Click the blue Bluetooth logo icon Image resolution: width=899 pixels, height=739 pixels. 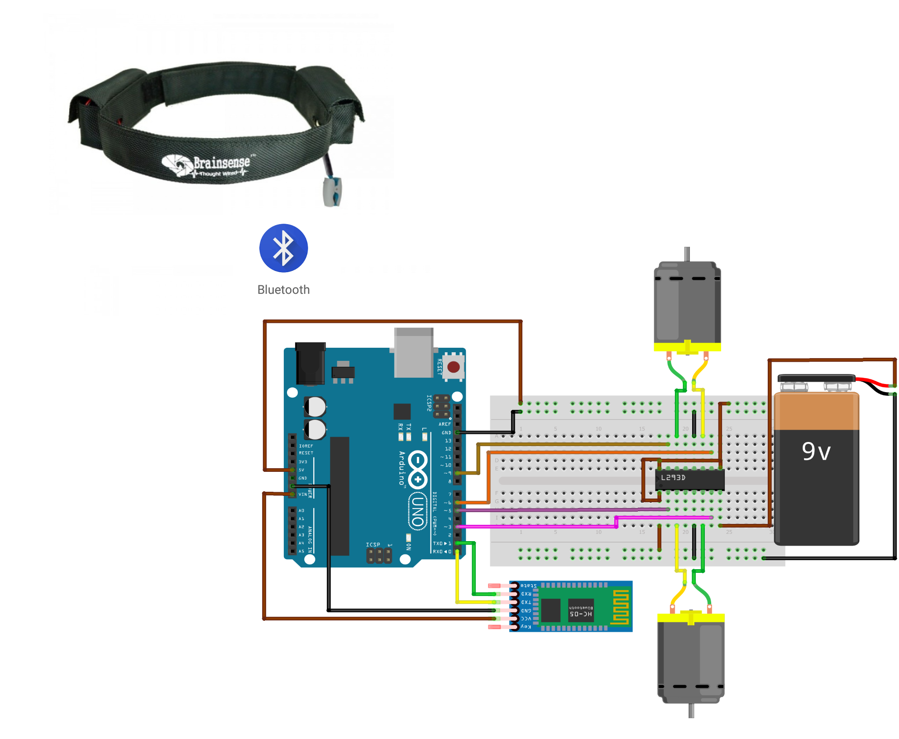coord(283,248)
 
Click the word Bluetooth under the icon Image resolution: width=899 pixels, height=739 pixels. coord(283,290)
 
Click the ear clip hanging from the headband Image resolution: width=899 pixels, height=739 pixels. coord(333,192)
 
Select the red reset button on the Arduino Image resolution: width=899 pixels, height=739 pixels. coord(454,367)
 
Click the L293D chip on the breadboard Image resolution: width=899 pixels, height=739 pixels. coord(689,479)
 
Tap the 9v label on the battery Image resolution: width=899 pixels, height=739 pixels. coord(816,451)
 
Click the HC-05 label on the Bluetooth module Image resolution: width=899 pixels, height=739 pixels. coord(581,614)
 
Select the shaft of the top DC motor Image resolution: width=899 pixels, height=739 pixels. coord(687,254)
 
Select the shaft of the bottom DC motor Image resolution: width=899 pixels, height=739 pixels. coord(691,710)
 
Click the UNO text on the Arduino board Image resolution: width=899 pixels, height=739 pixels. coord(418,511)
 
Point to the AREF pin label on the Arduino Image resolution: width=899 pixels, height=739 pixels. coord(445,424)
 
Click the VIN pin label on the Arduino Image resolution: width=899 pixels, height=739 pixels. coord(302,494)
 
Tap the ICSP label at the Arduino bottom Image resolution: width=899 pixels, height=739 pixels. coord(373,545)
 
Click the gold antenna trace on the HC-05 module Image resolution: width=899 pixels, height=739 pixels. coord(621,607)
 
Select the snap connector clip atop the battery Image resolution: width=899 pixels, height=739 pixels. coord(816,379)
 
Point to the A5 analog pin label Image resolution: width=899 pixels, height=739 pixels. coord(301,552)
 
